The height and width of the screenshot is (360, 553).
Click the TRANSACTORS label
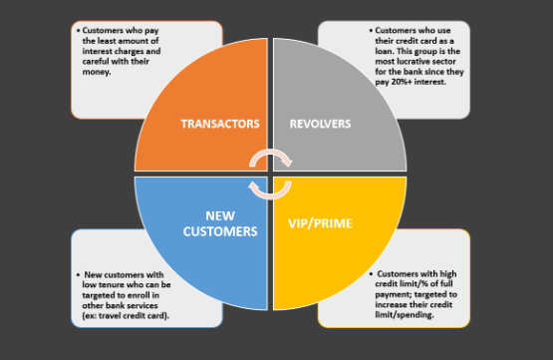(220, 124)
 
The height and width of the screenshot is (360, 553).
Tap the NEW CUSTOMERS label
(220, 222)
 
